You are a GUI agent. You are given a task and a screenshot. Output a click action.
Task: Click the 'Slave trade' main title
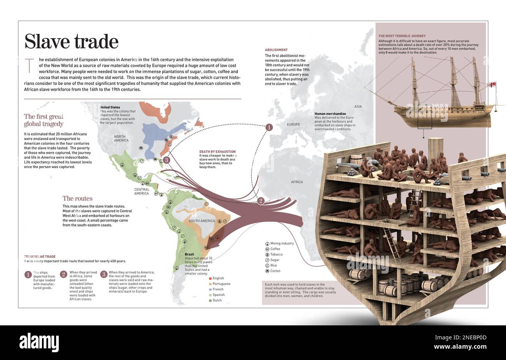71,42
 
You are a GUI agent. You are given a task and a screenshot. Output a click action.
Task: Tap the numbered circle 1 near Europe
269,127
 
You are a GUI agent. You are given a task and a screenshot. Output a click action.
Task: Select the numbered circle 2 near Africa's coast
261,201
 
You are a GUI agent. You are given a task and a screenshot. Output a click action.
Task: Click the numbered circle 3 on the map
166,160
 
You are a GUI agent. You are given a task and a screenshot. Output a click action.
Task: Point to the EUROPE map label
293,125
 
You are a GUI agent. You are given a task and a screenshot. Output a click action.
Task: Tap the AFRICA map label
297,182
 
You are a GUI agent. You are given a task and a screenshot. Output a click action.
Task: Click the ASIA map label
358,107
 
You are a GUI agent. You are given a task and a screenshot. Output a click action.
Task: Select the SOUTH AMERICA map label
202,221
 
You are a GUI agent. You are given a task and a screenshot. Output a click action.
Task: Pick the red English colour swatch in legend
210,278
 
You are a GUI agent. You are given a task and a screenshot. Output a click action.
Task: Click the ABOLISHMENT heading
276,50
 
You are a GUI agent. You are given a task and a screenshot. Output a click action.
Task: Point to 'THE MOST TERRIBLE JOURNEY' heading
402,36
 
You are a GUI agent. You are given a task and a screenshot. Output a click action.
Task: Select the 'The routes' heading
77,198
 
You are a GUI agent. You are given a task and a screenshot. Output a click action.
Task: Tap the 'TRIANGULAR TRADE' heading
40,257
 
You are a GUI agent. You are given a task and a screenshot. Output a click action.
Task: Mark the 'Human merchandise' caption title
330,114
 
